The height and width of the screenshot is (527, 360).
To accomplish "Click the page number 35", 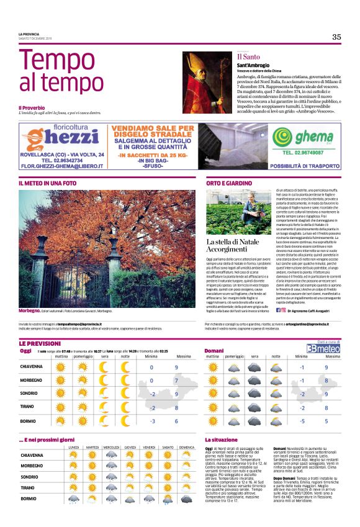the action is click(336, 37).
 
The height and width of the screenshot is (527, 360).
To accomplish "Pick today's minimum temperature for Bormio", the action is click(151, 421).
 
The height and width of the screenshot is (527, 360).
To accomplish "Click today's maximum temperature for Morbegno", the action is click(177, 381).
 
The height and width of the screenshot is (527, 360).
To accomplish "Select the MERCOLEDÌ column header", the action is click(112, 447).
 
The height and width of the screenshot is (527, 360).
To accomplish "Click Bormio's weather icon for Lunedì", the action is click(74, 498).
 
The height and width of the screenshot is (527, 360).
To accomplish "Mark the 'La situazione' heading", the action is click(222, 439).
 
